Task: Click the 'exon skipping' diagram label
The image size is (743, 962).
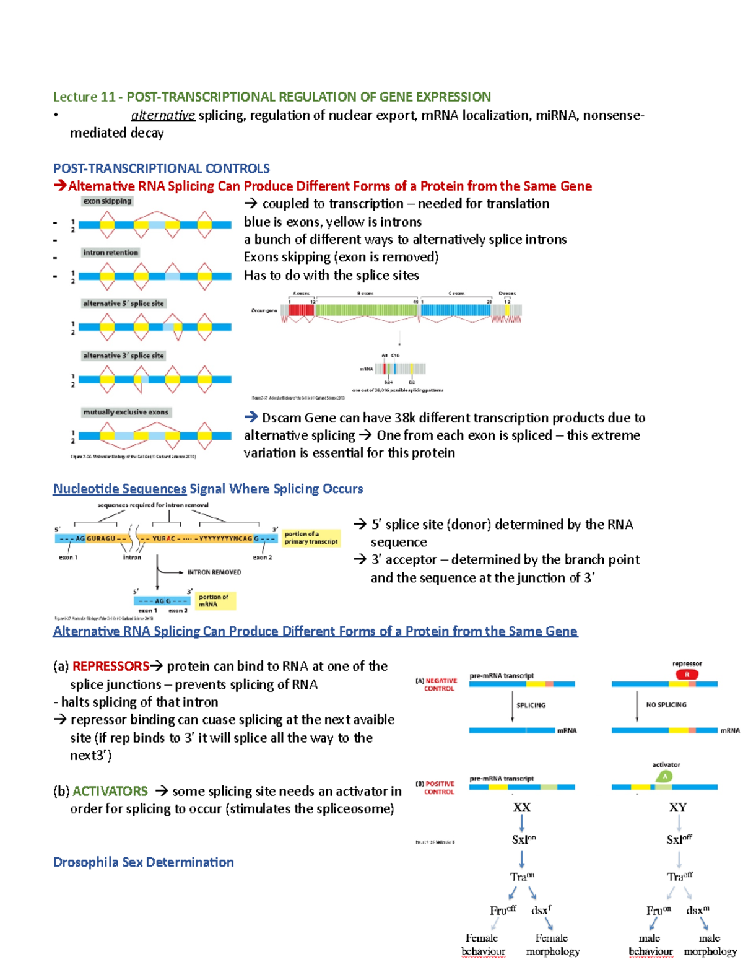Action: [x=107, y=201]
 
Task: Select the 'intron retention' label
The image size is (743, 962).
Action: [x=110, y=253]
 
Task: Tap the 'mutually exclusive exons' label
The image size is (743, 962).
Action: [x=126, y=412]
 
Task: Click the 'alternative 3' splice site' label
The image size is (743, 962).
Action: [x=123, y=356]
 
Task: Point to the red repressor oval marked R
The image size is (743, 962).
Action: [x=687, y=675]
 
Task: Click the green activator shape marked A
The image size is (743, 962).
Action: [x=664, y=776]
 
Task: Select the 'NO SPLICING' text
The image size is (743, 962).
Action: [x=666, y=705]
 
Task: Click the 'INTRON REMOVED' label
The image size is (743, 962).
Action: [x=214, y=572]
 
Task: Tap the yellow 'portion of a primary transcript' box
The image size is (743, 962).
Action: [x=311, y=538]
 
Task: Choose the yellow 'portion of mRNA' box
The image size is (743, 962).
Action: [x=215, y=600]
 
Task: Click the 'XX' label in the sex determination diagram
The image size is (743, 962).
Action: [x=521, y=808]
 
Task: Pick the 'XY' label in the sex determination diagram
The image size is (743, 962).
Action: [x=678, y=808]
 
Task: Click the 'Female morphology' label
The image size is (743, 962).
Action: [x=552, y=945]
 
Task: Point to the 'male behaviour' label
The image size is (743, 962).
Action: [x=650, y=945]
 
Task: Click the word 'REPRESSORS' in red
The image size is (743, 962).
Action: [x=110, y=667]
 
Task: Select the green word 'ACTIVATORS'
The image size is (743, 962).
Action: [x=110, y=791]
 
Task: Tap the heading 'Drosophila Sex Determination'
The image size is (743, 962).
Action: [x=144, y=862]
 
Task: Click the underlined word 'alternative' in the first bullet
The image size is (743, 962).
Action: [x=163, y=116]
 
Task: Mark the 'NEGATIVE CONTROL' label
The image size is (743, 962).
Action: [x=439, y=684]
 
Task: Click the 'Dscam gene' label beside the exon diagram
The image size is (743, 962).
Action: [x=264, y=310]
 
